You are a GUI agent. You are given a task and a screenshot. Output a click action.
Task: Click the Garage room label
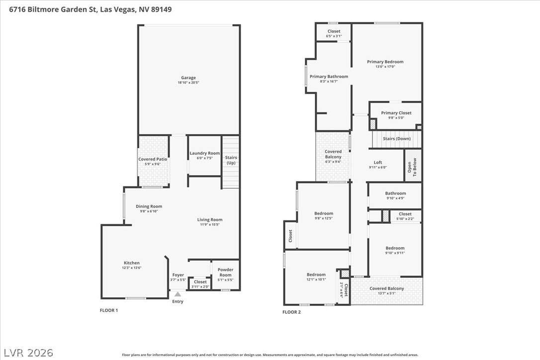(x=188, y=78)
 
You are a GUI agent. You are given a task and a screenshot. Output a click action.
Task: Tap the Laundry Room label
(x=204, y=153)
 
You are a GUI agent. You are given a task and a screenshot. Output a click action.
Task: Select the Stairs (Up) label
(x=231, y=160)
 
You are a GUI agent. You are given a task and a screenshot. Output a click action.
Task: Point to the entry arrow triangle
(x=178, y=294)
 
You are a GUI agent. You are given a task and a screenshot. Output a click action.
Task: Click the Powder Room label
(x=226, y=272)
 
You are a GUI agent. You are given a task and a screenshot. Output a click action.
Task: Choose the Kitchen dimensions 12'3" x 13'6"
(x=132, y=268)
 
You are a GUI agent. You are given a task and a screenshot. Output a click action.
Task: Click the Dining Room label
(x=149, y=206)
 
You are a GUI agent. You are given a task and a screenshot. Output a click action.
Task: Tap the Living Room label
(x=210, y=219)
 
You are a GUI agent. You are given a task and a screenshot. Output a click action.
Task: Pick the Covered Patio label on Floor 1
(x=153, y=159)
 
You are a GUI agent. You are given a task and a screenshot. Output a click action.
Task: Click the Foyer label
(x=178, y=275)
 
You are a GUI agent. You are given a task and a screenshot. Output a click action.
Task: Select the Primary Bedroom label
(x=385, y=62)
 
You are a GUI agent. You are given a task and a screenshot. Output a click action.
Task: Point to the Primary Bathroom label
(x=329, y=77)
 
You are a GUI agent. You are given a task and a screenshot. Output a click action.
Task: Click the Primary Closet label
(x=396, y=113)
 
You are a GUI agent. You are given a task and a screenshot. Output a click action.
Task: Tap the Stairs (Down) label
(x=397, y=139)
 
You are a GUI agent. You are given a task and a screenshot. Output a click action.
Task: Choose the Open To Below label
(x=412, y=167)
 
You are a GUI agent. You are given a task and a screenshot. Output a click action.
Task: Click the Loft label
(x=378, y=162)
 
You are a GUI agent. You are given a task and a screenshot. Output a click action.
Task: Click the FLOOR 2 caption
(x=291, y=312)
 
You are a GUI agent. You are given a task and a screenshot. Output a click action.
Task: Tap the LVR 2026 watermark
(x=28, y=353)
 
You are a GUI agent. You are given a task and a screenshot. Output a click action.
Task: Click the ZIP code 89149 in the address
(x=161, y=9)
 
